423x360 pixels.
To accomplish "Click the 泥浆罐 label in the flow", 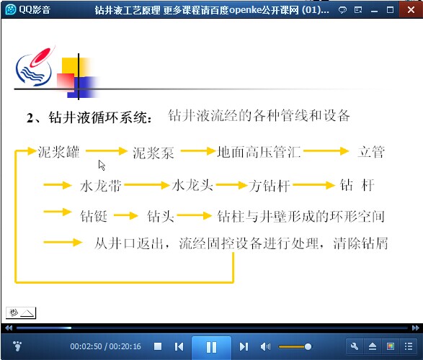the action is (x=58, y=152).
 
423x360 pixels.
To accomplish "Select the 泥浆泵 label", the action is (x=153, y=153).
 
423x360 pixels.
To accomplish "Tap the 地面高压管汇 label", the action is (x=259, y=152).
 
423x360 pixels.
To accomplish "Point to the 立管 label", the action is (x=371, y=152).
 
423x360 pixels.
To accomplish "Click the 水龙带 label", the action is (x=101, y=186).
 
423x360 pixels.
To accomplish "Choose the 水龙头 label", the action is (x=192, y=185).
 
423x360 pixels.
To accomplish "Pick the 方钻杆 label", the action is (x=270, y=186).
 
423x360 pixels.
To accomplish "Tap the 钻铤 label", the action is (x=94, y=216).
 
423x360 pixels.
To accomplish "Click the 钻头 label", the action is (x=160, y=216).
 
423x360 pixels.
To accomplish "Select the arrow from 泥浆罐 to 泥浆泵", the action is (x=107, y=151).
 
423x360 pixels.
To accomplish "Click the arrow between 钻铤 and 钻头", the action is (x=126, y=215).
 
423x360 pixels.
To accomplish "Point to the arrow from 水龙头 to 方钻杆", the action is (x=232, y=185).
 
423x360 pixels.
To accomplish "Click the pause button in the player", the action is (x=212, y=347).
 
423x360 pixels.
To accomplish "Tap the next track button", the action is (x=244, y=346).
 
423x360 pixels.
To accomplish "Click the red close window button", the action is (x=411, y=9).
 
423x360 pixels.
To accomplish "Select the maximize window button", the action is (x=390, y=10).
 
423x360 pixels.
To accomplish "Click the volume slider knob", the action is (x=308, y=346).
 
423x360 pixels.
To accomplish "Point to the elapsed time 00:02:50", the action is (x=86, y=346).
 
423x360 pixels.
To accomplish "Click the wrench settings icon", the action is (x=355, y=346).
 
